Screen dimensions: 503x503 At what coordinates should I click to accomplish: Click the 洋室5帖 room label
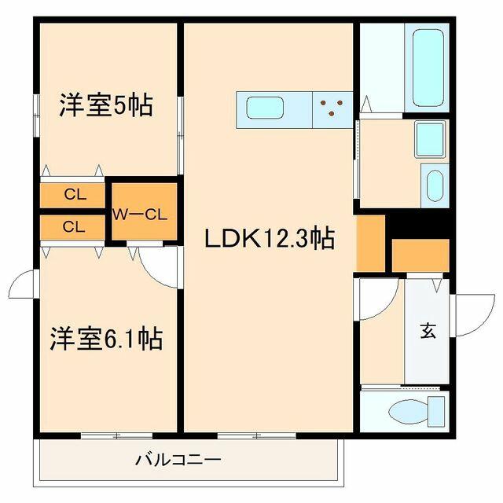point(106,105)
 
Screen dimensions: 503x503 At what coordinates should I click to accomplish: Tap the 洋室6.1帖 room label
point(106,338)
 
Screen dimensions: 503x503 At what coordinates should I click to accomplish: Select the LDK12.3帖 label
point(270,237)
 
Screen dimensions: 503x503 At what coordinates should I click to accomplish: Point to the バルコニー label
point(178,460)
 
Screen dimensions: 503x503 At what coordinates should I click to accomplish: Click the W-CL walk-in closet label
point(140,215)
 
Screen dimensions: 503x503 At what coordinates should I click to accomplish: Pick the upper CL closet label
point(75,194)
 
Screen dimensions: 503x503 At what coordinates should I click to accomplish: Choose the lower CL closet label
point(74,227)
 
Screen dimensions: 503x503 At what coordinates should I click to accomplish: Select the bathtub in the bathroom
point(428,68)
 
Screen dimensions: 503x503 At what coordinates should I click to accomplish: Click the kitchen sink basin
point(265,108)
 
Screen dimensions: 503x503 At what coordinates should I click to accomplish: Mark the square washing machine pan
point(430,139)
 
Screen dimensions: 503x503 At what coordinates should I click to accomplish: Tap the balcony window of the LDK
point(257,435)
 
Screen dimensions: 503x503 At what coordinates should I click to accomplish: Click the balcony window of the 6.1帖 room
point(117,435)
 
